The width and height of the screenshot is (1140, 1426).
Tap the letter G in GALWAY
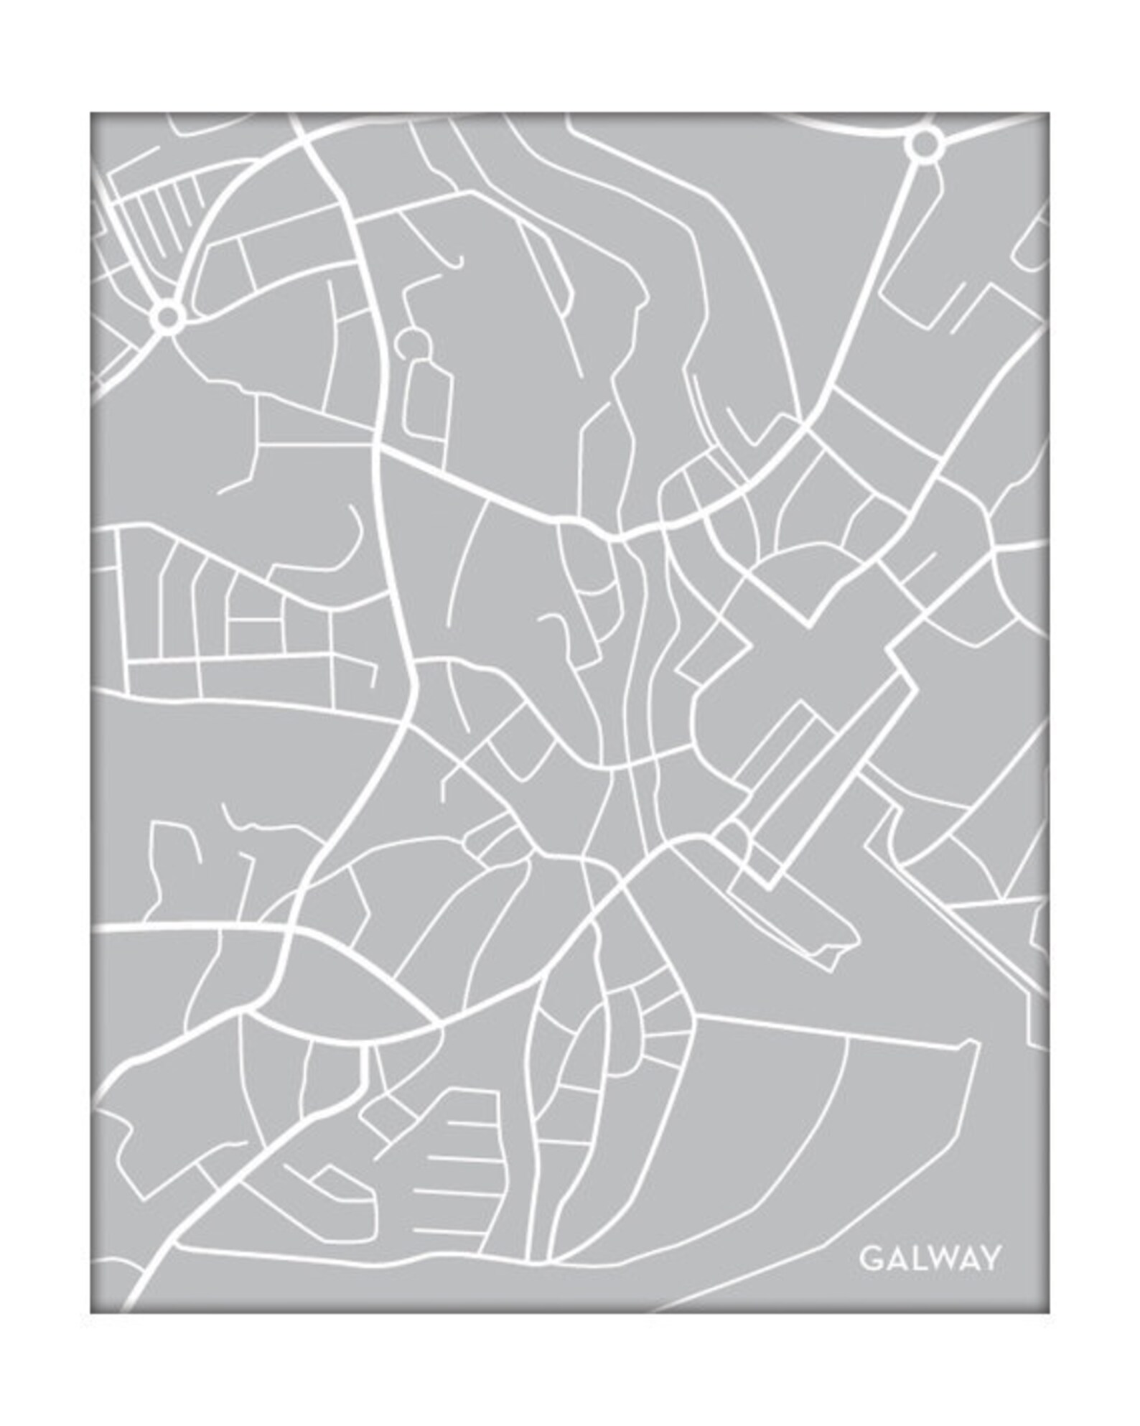point(869,1259)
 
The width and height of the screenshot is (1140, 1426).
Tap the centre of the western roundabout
point(167,314)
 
